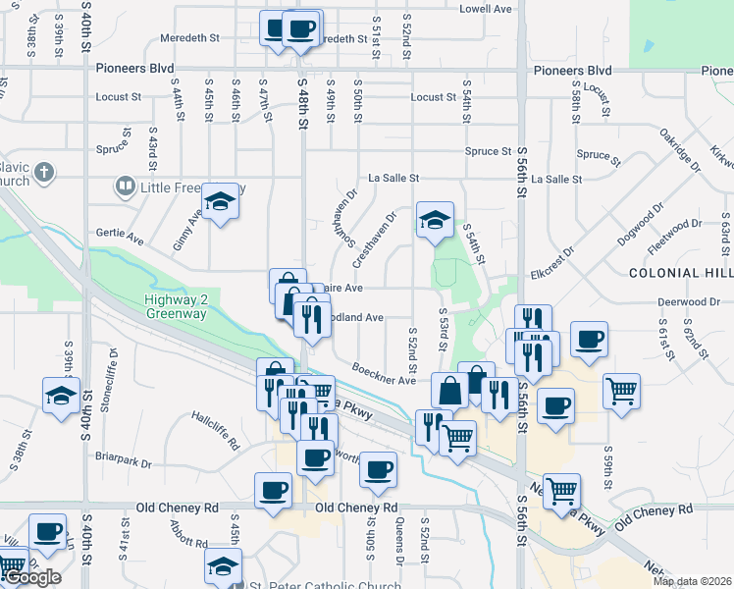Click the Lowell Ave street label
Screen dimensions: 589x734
(x=486, y=9)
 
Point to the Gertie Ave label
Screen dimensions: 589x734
(x=121, y=237)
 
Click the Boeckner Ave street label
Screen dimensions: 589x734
(x=389, y=381)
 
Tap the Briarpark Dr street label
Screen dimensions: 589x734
(x=125, y=462)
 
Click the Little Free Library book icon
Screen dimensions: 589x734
(x=126, y=185)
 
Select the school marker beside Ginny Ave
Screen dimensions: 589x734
(x=221, y=202)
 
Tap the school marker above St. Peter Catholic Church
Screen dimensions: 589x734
(x=223, y=566)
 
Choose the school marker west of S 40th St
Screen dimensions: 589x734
(x=61, y=397)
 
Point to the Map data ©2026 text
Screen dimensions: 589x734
(x=691, y=581)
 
